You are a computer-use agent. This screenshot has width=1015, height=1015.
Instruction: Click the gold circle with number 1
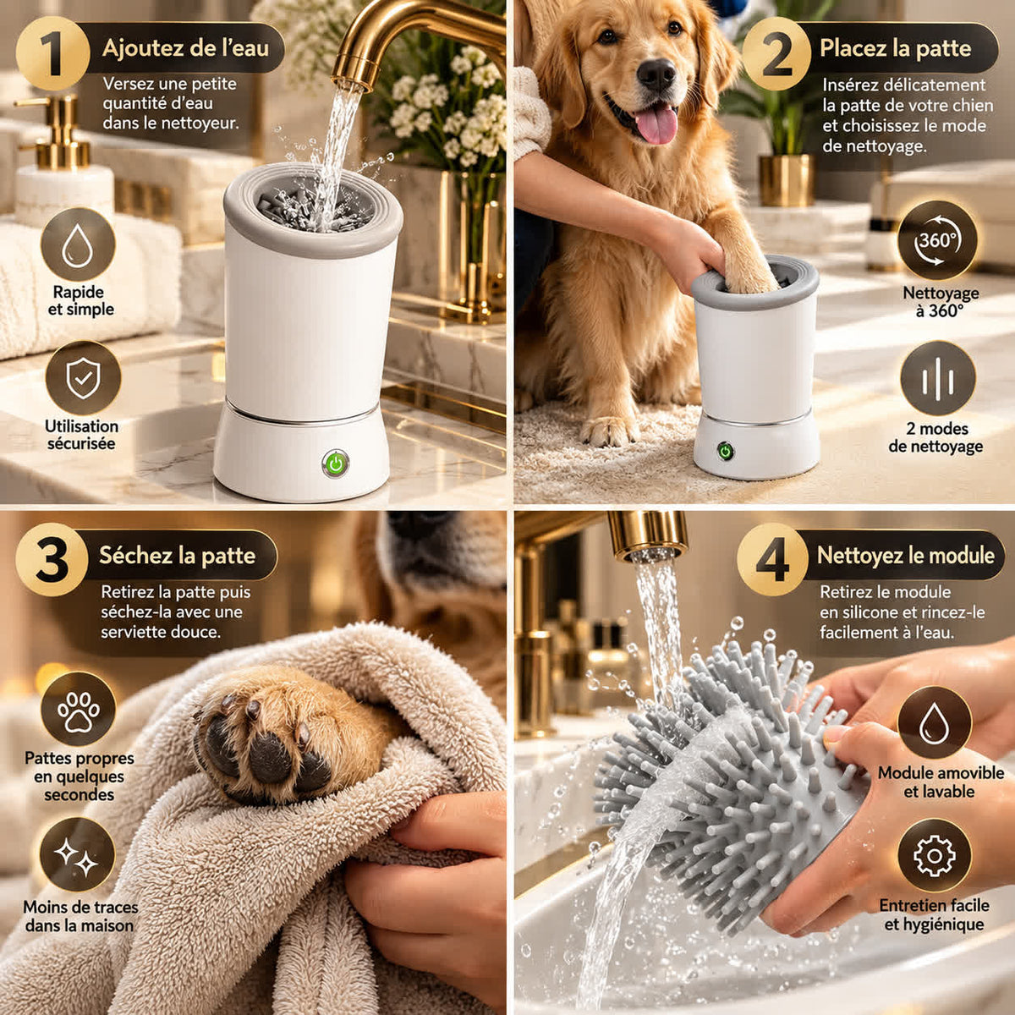52,53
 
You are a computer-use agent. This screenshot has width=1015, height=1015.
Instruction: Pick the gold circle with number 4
772,559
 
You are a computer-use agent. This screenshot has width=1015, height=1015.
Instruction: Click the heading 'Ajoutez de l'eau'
185,48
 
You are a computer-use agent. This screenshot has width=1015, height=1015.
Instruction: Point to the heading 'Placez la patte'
896,48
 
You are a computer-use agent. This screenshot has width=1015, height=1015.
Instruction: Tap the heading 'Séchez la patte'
177,556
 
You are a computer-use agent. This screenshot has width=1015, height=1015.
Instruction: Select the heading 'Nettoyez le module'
906,555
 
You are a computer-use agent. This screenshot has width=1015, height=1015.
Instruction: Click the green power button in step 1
335,464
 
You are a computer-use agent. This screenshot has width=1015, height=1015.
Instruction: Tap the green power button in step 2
726,451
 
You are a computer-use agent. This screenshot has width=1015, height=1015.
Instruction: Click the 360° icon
937,240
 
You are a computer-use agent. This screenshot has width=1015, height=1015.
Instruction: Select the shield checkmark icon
83,378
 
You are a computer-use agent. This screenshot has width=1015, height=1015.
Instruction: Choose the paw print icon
78,709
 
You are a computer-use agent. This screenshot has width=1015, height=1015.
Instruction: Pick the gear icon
935,856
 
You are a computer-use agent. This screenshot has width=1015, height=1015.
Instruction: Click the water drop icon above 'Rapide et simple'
78,245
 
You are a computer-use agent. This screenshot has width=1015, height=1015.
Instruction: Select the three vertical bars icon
937,379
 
